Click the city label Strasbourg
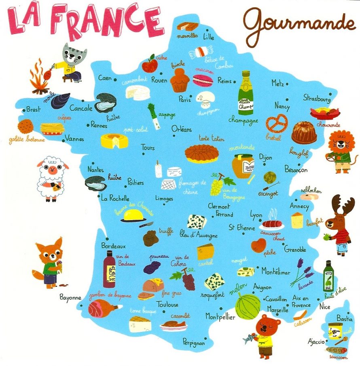point(317,98)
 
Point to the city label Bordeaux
point(113,245)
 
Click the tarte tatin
point(201,153)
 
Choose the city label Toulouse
point(167,305)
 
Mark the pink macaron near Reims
point(203,80)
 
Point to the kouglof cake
point(304,133)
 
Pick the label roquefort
point(212,295)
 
